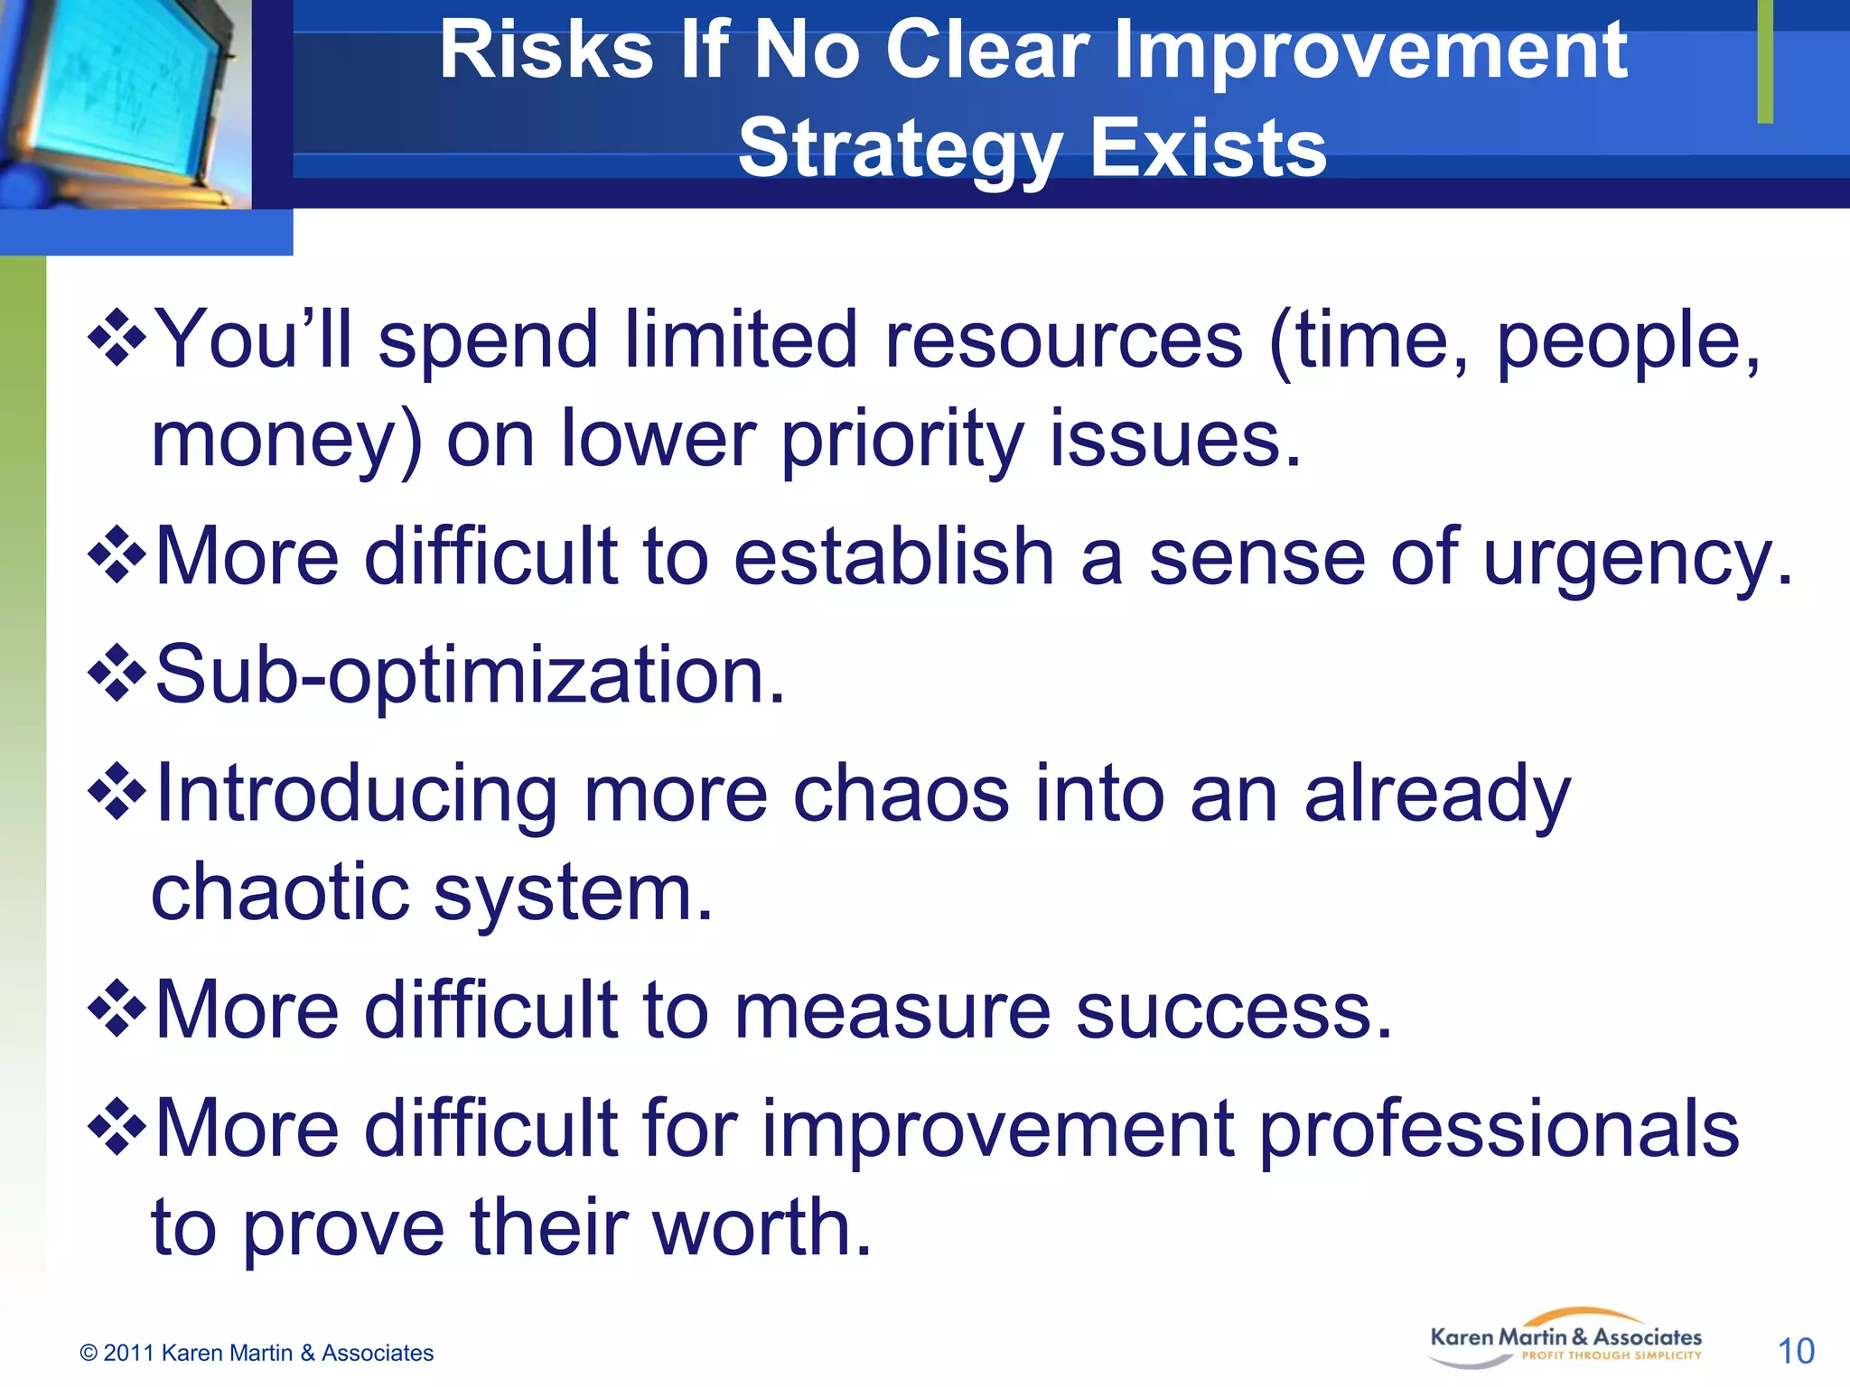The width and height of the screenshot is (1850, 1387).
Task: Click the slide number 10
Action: [1795, 1352]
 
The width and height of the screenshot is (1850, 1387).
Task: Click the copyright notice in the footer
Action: [257, 1353]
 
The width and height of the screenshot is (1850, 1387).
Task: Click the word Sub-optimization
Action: [470, 675]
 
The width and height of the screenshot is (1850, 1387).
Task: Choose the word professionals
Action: [1498, 1129]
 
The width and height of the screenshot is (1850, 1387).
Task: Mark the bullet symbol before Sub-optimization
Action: [117, 674]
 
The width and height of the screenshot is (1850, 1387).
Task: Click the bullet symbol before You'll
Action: [117, 339]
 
